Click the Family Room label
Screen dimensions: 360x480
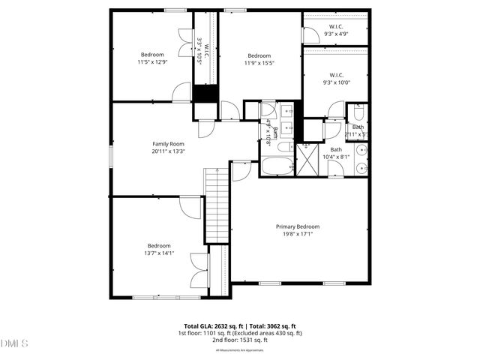point(168,143)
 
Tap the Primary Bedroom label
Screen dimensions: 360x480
point(297,226)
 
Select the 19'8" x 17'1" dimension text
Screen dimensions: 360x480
point(297,234)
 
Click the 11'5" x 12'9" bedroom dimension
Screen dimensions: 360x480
point(153,62)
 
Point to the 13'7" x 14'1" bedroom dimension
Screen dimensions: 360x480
point(159,253)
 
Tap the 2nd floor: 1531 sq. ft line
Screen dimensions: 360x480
point(240,340)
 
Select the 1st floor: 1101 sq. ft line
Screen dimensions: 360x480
point(240,333)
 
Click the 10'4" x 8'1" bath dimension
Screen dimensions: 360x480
point(335,157)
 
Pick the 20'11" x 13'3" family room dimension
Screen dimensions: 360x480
point(168,151)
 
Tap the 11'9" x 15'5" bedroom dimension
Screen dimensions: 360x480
point(259,63)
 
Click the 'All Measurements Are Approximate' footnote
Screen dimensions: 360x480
point(240,349)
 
